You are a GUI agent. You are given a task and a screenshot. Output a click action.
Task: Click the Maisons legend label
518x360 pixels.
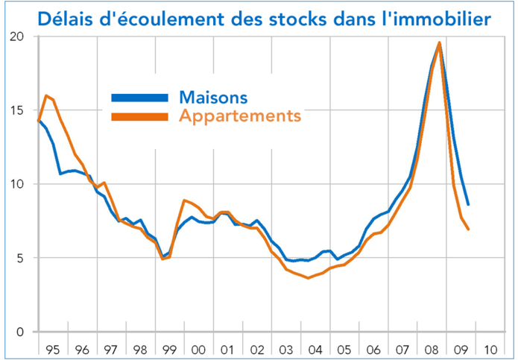pos(213,98)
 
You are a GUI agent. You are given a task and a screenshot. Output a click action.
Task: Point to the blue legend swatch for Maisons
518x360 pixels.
pos(139,98)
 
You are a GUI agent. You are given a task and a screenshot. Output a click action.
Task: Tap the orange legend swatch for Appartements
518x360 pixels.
pos(139,116)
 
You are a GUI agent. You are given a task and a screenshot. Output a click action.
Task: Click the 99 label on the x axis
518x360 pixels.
pos(168,348)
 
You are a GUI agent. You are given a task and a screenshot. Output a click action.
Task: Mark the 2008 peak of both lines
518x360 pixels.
pos(440,43)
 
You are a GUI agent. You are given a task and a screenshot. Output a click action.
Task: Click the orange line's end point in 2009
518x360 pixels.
pos(468,229)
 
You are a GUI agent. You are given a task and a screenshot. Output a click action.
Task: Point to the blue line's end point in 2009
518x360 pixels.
pos(468,204)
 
